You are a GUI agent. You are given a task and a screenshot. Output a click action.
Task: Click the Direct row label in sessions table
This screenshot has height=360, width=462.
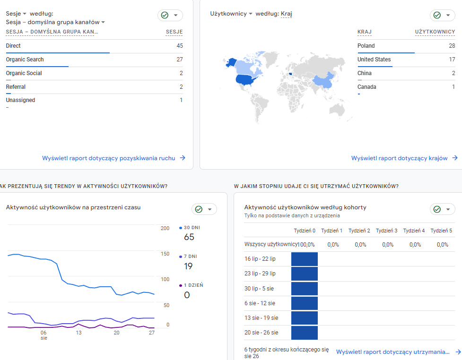click(x=13, y=46)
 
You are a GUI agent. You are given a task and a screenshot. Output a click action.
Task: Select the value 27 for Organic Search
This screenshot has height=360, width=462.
click(x=180, y=60)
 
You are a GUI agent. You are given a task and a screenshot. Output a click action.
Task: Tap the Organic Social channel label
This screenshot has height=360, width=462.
click(x=24, y=73)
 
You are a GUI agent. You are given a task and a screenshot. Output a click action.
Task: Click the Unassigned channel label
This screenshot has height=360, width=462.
click(x=20, y=100)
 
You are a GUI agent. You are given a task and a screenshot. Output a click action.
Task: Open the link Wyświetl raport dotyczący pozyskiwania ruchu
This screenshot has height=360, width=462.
click(x=109, y=158)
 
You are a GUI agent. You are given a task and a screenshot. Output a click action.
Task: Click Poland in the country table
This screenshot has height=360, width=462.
click(x=366, y=46)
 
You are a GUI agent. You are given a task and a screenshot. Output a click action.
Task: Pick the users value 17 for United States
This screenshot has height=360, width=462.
click(x=452, y=60)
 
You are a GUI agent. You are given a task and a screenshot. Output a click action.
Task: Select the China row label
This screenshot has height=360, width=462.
click(x=365, y=73)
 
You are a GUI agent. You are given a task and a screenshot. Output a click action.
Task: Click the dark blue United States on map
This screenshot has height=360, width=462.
click(x=245, y=79)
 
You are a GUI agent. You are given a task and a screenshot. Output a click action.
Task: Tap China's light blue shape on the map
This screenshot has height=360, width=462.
click(x=323, y=81)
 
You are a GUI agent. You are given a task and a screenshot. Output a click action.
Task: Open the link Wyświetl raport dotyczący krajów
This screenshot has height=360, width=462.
click(x=399, y=158)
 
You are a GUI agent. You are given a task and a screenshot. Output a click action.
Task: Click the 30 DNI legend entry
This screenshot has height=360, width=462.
click(x=190, y=228)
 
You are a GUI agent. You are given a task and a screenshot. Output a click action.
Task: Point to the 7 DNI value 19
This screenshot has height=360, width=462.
click(x=188, y=266)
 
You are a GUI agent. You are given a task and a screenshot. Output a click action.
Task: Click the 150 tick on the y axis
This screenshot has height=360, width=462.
click(x=165, y=254)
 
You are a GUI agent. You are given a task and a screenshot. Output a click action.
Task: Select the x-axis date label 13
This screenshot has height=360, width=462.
click(x=78, y=333)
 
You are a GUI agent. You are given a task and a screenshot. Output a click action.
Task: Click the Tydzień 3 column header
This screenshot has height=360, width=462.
click(x=386, y=231)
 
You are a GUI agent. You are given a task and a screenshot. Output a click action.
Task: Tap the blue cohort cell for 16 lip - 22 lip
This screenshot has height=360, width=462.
click(x=305, y=259)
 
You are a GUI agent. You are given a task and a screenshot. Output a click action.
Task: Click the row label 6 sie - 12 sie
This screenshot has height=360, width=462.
click(x=260, y=303)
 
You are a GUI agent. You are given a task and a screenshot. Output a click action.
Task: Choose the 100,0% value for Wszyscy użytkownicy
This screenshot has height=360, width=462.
click(x=306, y=245)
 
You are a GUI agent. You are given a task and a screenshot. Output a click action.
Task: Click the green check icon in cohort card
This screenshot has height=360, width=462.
click(x=437, y=209)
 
